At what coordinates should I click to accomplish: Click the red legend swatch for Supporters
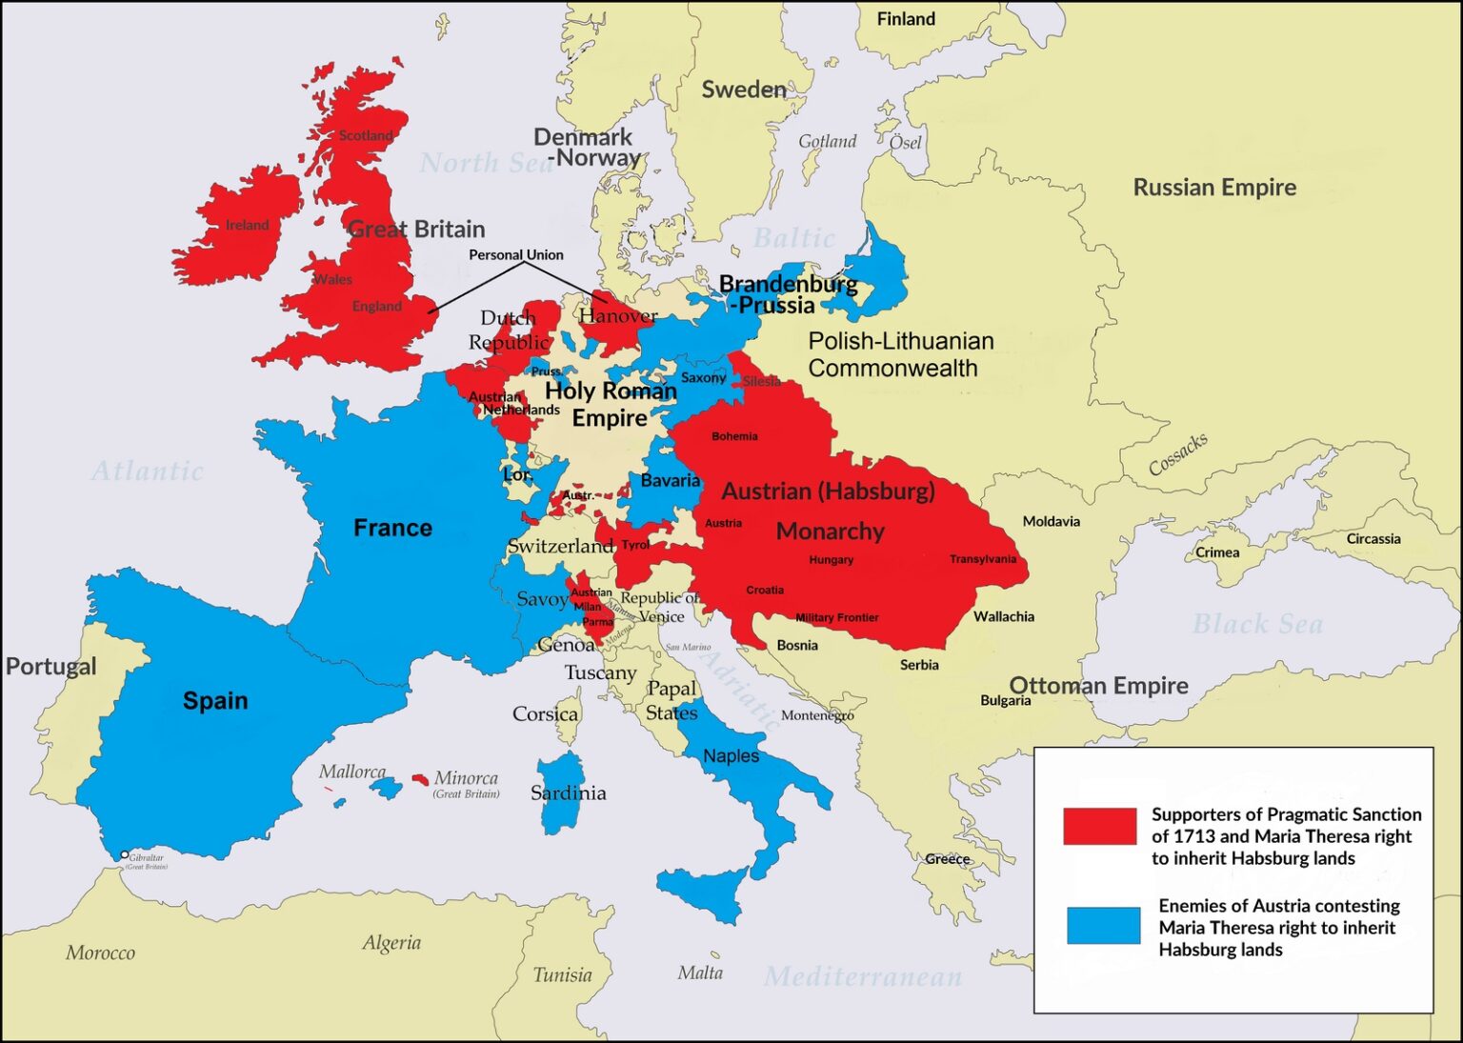1099,826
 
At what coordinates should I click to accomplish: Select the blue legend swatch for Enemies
1103,925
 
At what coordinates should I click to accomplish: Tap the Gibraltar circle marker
125,854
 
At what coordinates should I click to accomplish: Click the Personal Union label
515,254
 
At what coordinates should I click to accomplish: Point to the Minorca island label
466,778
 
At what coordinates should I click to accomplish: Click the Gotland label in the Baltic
827,141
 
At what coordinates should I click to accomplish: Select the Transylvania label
982,559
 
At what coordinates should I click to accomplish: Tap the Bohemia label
734,436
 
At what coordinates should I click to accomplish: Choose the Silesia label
761,381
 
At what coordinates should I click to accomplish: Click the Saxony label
703,378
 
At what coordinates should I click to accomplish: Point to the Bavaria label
670,480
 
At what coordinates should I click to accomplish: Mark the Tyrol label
635,545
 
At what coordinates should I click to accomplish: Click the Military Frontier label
836,617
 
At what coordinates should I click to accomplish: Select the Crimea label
1217,552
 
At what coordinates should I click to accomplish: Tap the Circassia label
1373,539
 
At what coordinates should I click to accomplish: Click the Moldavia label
1051,521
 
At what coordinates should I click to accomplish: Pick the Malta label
700,973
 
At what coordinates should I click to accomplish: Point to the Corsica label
545,713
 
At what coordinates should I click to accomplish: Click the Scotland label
366,135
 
